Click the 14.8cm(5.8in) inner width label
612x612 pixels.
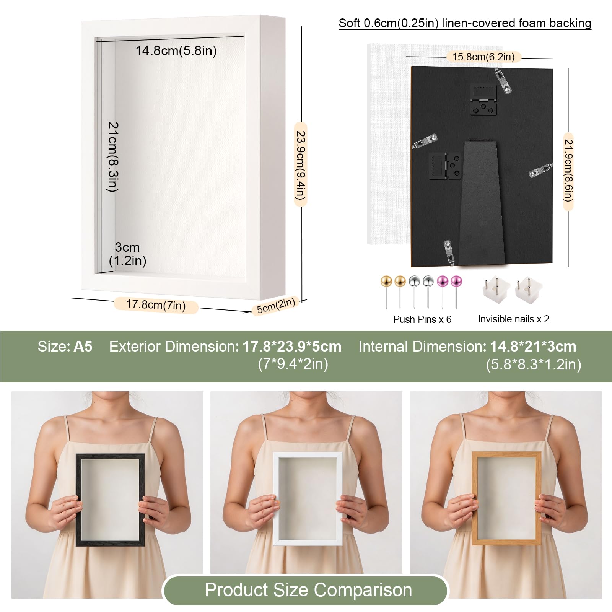tap(176, 50)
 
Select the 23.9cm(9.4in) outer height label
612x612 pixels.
tap(301, 165)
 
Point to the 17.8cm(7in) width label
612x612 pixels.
tap(156, 305)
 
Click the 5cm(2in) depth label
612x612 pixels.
tap(276, 306)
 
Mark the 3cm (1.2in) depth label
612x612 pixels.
tap(127, 254)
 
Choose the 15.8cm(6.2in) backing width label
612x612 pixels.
tap(483, 57)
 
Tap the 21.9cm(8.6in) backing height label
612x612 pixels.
tap(568, 171)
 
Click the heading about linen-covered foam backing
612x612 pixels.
tap(465, 23)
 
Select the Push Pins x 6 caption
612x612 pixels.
tap(422, 319)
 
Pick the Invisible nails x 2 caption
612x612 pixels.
tap(513, 319)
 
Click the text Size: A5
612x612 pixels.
tap(65, 347)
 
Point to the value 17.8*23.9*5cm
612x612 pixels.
tap(292, 347)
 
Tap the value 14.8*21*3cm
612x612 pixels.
tap(533, 347)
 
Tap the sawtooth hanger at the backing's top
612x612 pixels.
tap(483, 99)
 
